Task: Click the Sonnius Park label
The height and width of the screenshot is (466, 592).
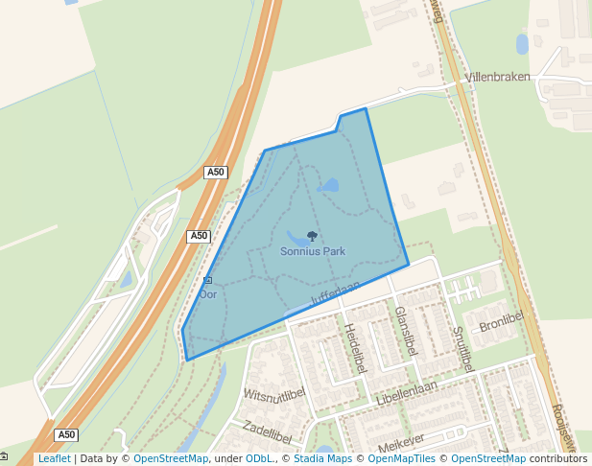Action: pos(313,252)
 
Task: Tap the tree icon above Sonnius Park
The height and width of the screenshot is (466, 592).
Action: pos(312,237)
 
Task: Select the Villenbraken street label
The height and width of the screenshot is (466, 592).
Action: pos(497,77)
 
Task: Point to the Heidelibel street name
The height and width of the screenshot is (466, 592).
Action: pos(355,347)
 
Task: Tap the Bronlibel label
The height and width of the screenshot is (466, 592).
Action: pos(503,321)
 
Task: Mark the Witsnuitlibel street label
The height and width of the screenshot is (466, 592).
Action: pos(273,394)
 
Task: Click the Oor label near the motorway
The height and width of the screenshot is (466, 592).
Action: pos(208,294)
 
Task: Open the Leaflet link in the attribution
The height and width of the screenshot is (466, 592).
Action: pos(54,458)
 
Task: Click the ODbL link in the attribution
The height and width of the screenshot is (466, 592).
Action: pos(259,458)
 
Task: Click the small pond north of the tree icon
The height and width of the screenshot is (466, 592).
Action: pos(328,185)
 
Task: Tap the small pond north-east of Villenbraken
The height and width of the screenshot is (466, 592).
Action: pos(522,44)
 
